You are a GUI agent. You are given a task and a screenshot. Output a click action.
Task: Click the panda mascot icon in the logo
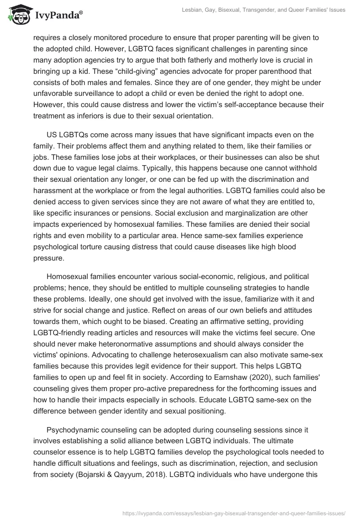[x=17, y=15]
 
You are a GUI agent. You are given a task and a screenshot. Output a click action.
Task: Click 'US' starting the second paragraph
[x=51, y=135]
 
